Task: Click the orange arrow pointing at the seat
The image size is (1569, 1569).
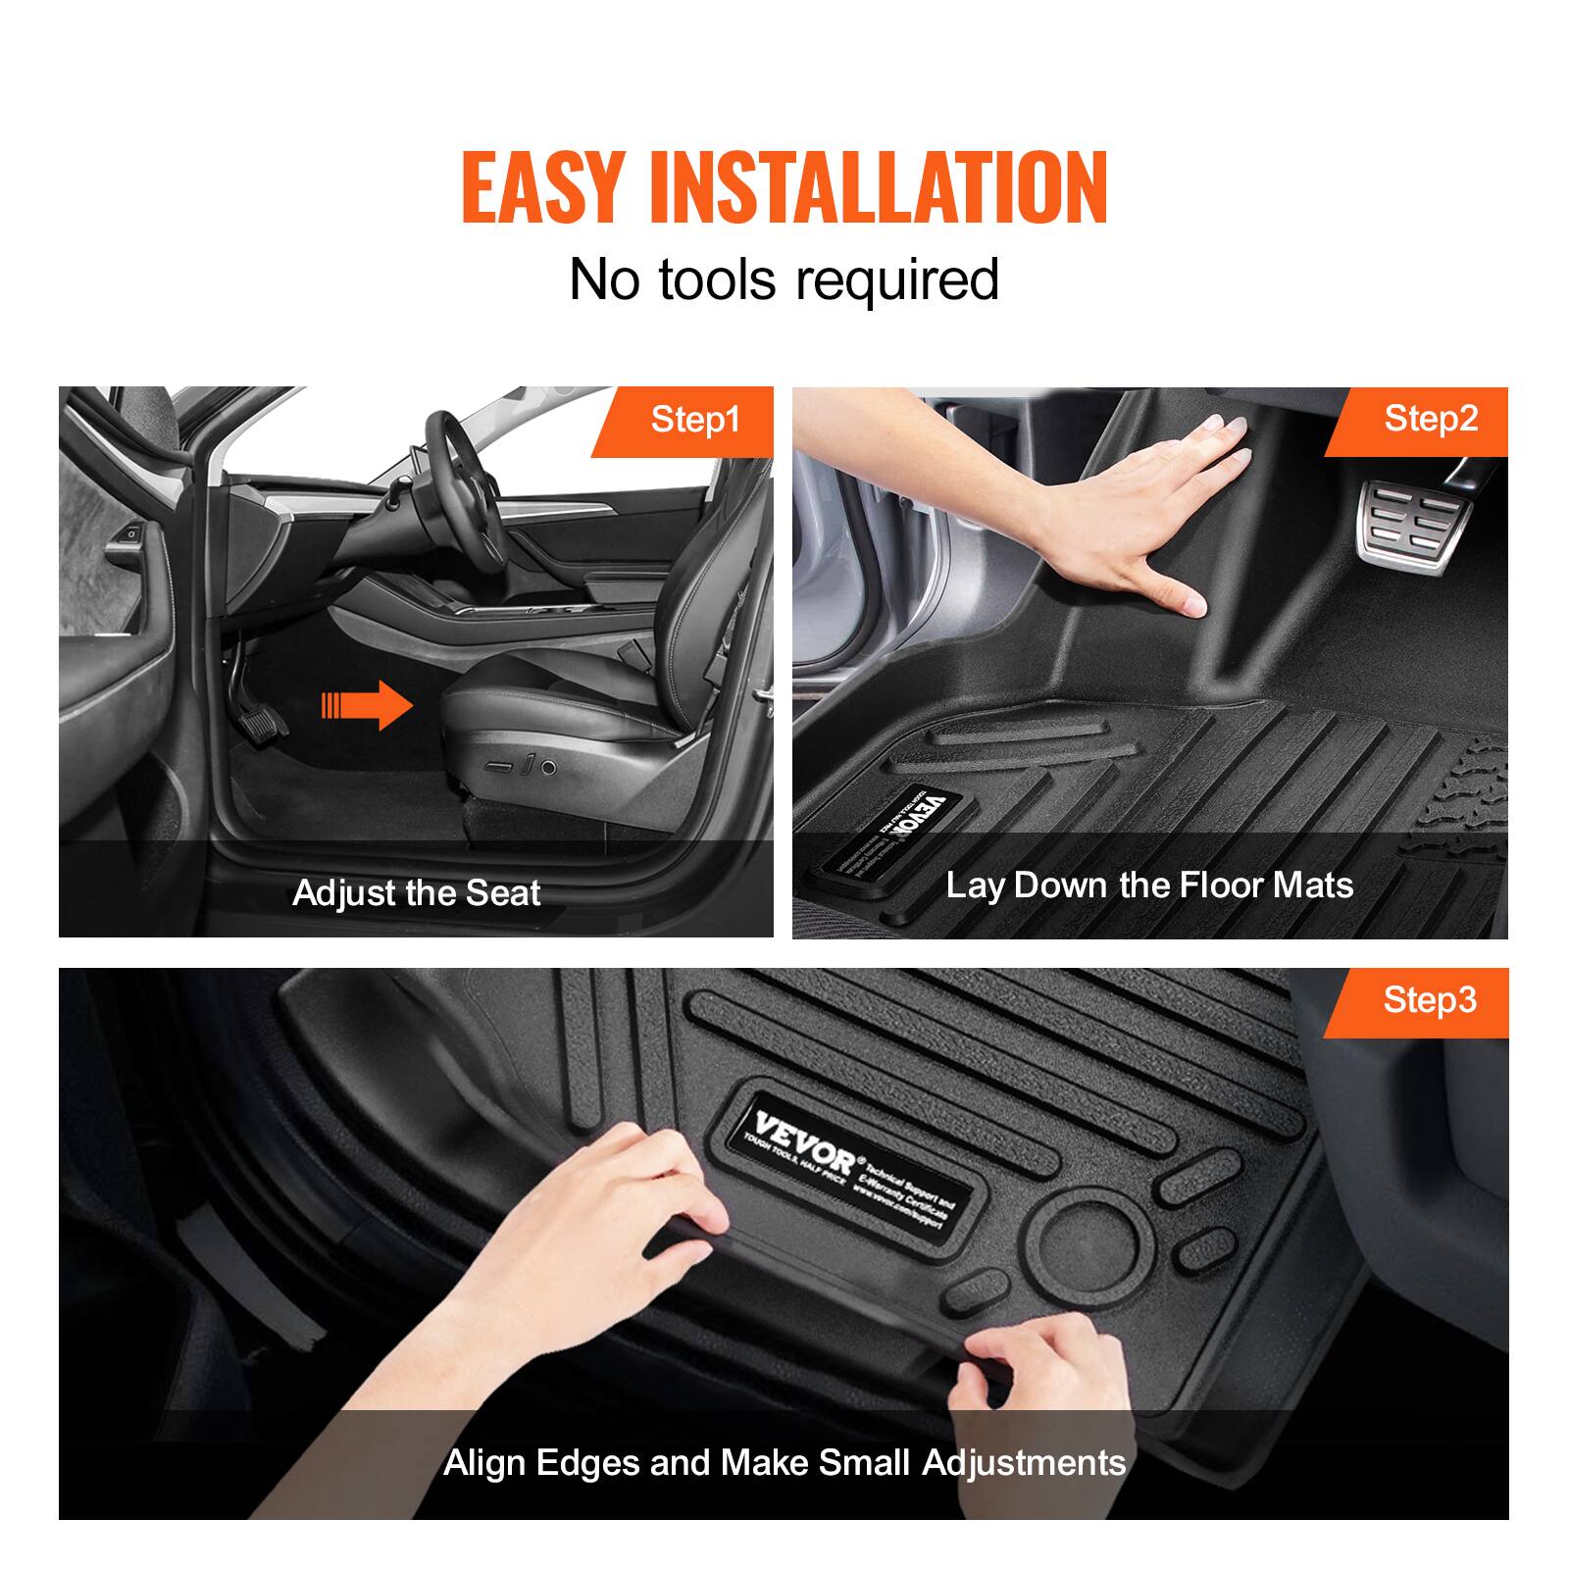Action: pyautogui.click(x=367, y=705)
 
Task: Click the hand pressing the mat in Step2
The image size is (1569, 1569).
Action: pyautogui.click(x=1157, y=510)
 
